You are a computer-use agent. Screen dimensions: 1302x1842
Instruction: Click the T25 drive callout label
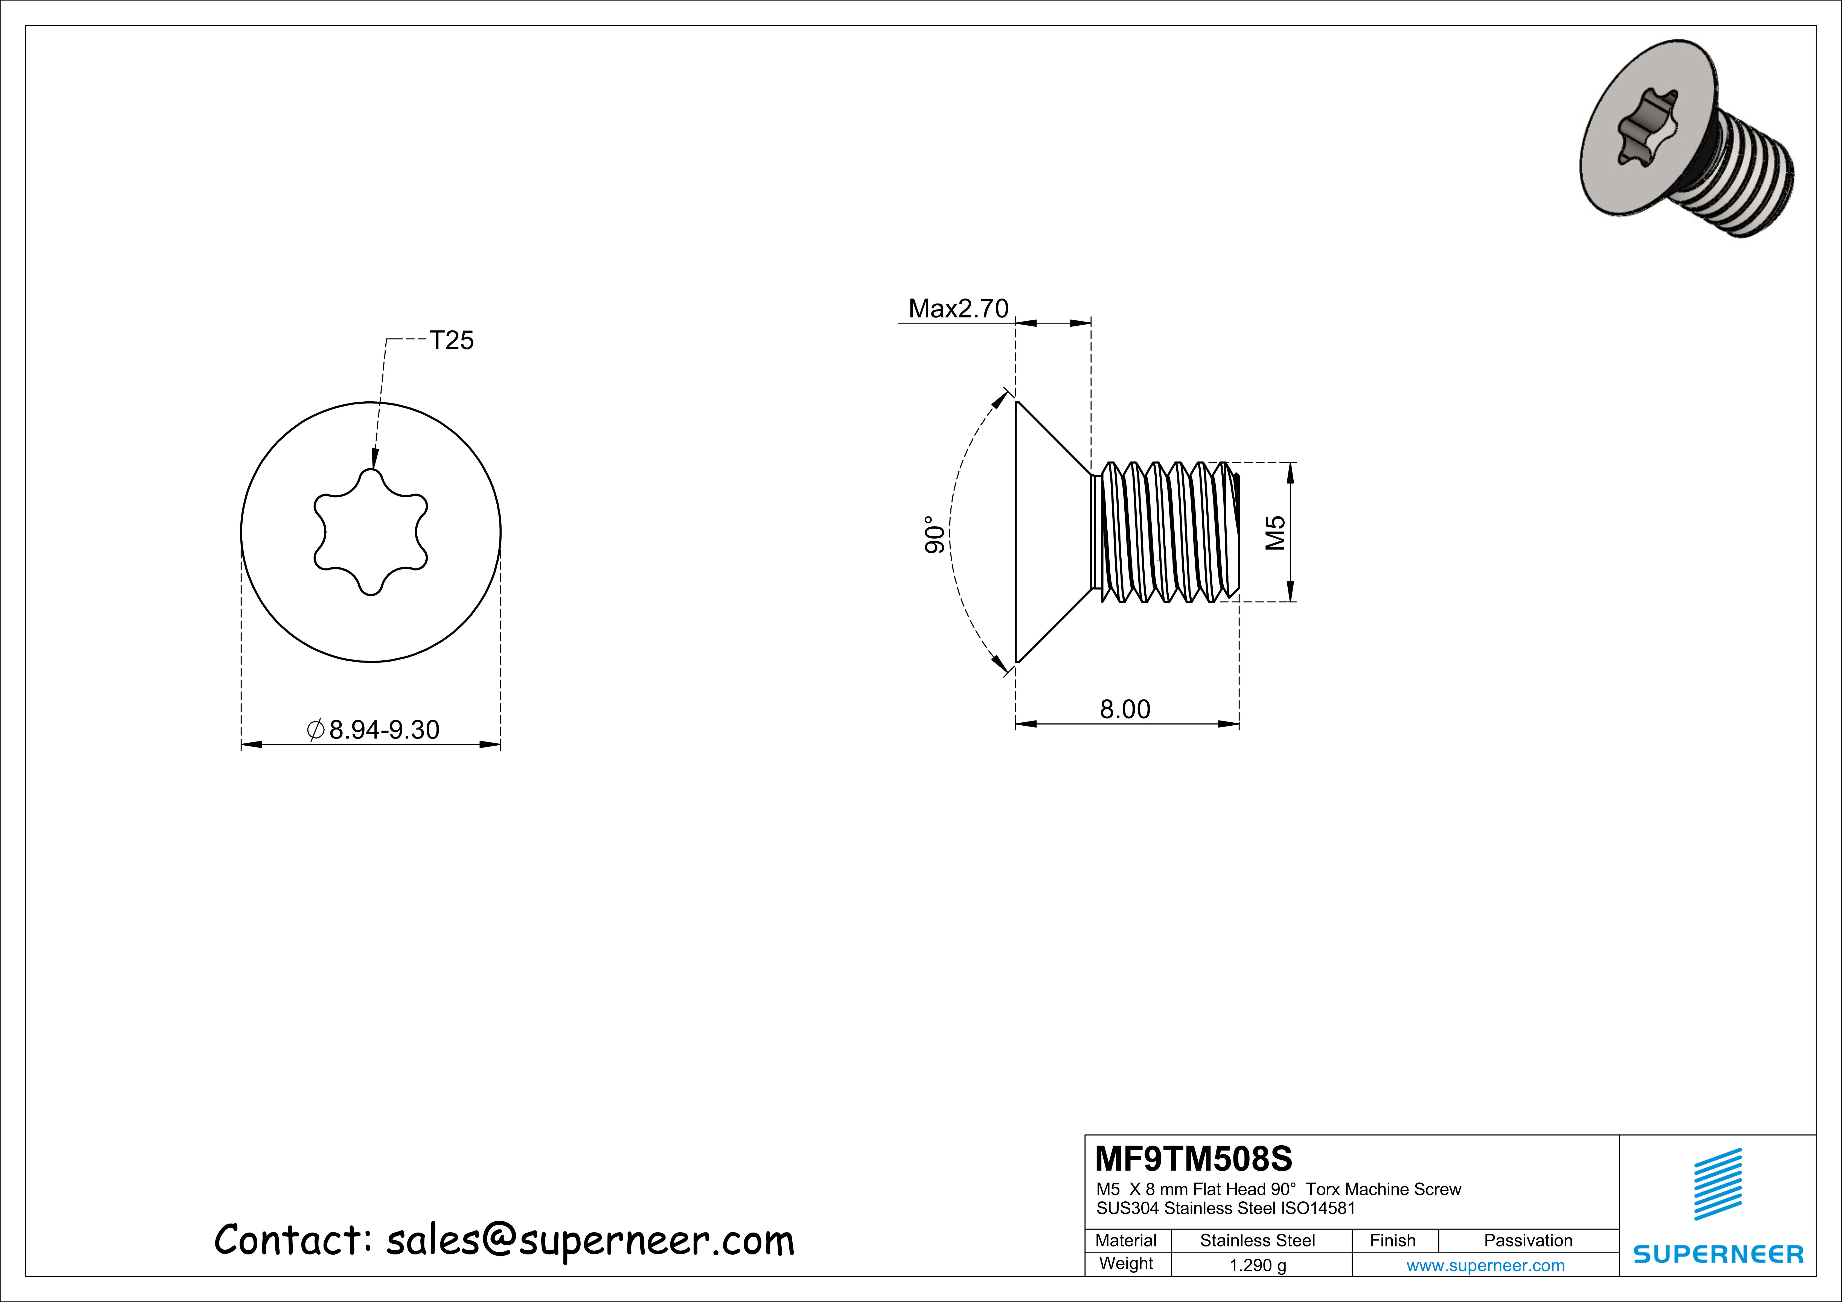point(452,341)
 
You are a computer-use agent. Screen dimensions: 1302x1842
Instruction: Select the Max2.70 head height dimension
point(958,309)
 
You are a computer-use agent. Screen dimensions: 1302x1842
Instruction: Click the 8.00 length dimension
point(1125,709)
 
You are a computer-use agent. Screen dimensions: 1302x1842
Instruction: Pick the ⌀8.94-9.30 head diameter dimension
point(374,730)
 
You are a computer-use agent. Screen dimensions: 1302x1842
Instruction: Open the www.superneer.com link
point(1485,1266)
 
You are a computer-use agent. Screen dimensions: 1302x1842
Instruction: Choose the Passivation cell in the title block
point(1527,1240)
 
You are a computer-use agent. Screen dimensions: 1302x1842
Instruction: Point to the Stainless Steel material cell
point(1257,1240)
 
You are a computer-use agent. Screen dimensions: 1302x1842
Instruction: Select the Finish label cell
point(1393,1240)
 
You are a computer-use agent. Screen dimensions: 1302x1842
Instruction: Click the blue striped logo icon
point(1718,1184)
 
